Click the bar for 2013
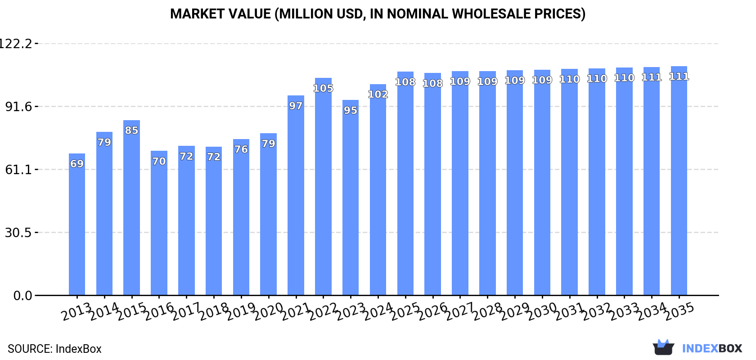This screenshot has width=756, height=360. [x=77, y=225]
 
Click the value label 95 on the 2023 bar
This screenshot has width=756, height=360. [x=351, y=110]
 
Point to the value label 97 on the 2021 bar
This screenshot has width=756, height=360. [x=296, y=106]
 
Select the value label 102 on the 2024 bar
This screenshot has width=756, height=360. [x=378, y=94]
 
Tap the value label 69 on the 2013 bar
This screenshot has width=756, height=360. [x=77, y=164]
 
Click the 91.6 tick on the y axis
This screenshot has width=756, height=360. [x=18, y=107]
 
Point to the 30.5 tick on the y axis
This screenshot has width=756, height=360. [x=18, y=233]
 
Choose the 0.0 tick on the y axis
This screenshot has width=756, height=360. [x=22, y=296]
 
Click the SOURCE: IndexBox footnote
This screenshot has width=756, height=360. [x=54, y=349]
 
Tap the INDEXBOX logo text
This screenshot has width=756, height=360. [x=712, y=348]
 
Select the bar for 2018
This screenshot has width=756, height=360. [x=214, y=221]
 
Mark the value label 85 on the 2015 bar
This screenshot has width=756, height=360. [x=131, y=130]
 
